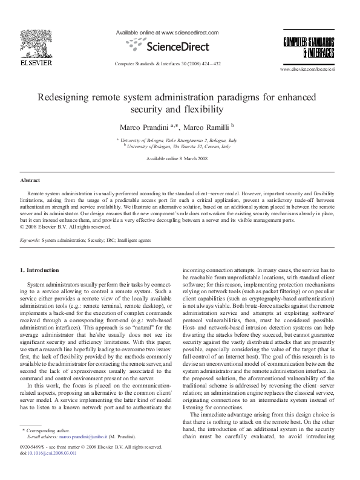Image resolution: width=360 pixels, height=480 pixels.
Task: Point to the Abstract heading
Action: [30, 180]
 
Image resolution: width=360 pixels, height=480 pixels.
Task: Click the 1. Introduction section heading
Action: [40, 270]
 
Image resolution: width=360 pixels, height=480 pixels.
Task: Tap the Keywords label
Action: [30, 240]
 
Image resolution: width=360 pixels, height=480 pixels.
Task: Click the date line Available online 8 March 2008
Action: [180, 158]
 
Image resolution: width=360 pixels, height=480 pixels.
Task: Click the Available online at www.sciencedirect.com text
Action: [166, 33]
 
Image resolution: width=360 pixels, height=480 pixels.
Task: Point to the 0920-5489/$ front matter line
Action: [91, 447]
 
